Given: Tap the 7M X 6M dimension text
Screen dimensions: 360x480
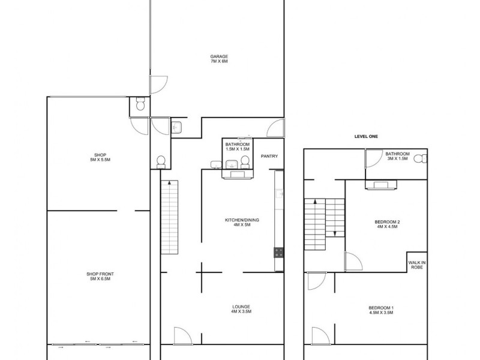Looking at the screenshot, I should pos(218,61).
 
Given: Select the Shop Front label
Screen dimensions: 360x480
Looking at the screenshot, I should pos(100,274).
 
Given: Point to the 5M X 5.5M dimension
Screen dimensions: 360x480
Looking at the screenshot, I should pos(100,160).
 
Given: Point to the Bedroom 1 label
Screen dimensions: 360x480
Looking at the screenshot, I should pos(382,308).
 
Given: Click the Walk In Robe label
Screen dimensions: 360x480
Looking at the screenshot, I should pos(417,265).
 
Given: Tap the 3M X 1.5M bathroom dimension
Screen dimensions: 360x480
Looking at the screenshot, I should pos(397,158).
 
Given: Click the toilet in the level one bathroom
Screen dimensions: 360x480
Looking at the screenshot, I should pos(423,158).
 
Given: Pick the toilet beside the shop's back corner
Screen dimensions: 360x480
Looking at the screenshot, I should pos(139,106).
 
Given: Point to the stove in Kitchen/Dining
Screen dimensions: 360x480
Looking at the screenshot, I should pos(278,253).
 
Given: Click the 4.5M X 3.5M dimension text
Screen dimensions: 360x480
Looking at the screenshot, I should pos(382,313).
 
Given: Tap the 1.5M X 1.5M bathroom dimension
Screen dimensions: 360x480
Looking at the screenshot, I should pos(237,149).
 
